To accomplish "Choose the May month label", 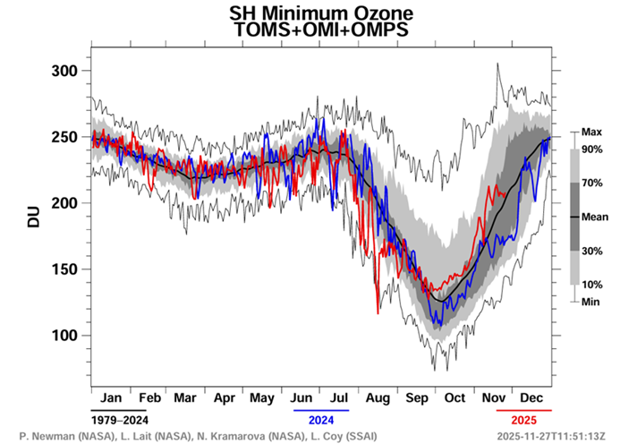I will coord(263,397).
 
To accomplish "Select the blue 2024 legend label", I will coord(321,419).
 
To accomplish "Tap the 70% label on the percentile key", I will coord(591,183).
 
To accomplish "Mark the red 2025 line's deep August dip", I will coord(378,312).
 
